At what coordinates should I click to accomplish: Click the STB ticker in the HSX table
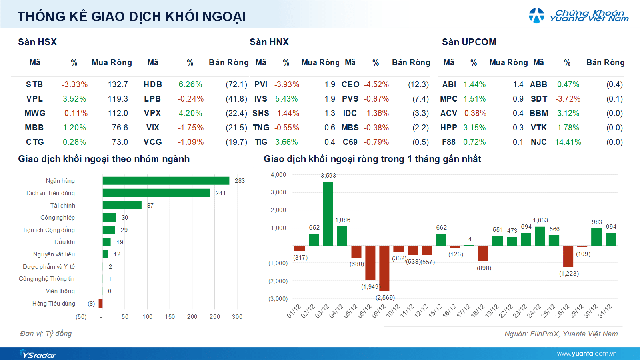[34, 85]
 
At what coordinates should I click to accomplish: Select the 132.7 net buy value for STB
[115, 85]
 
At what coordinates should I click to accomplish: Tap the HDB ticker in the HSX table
[152, 85]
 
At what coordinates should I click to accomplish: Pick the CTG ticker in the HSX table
[34, 143]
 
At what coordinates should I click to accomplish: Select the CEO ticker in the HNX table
[350, 85]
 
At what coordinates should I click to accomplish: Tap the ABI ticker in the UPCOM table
[449, 85]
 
